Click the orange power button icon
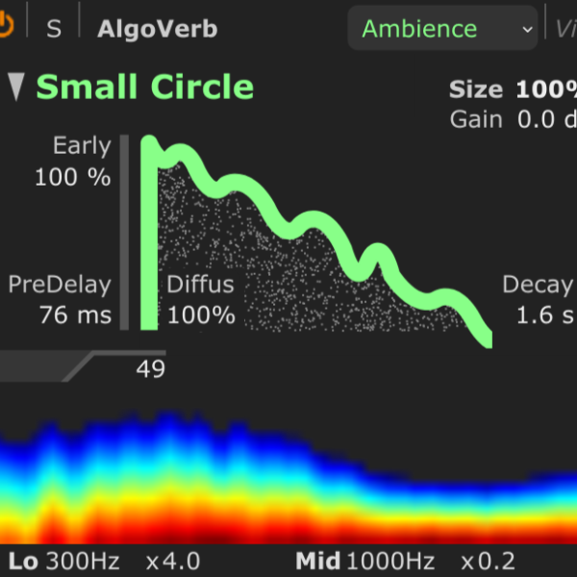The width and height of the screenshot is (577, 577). tap(6, 27)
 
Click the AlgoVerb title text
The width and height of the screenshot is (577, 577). tap(157, 29)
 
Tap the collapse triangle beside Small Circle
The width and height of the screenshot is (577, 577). tap(16, 87)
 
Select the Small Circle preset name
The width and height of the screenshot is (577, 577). tap(145, 88)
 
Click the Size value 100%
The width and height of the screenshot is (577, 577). tap(545, 90)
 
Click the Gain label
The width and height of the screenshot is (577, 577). tap(475, 120)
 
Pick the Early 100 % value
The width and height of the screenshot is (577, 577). tap(72, 178)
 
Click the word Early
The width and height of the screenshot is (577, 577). tap(82, 146)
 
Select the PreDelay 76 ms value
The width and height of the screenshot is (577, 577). tap(75, 314)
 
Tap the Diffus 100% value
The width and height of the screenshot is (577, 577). tap(201, 314)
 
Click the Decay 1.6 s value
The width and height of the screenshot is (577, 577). tap(545, 314)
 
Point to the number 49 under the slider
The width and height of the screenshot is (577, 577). tap(150, 369)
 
